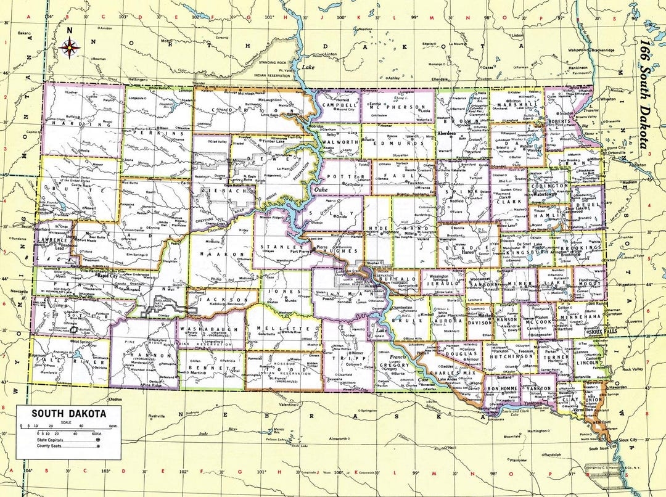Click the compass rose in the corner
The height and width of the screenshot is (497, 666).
[x=70, y=46]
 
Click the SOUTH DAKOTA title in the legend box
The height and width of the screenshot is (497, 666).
[x=68, y=414]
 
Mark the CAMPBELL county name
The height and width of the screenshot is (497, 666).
[x=340, y=105]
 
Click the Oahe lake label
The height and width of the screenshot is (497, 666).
[x=323, y=189]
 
